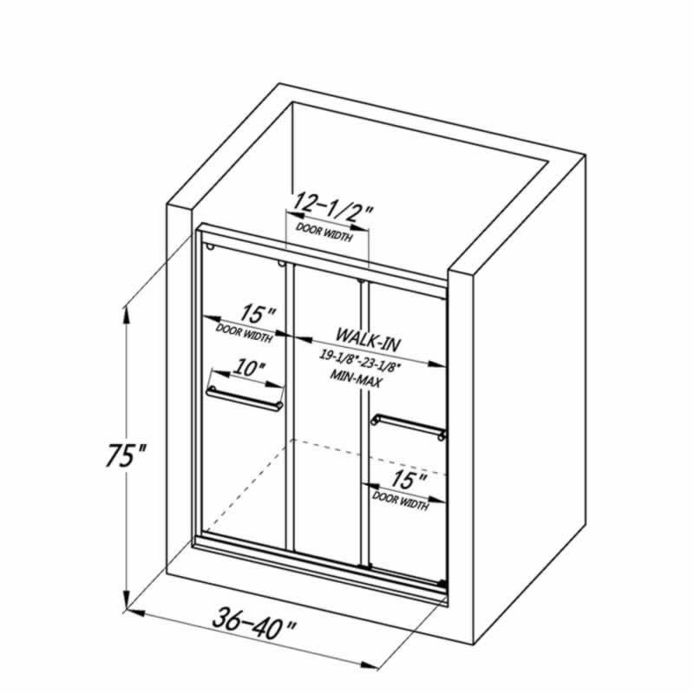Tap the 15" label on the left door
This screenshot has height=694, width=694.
click(258, 314)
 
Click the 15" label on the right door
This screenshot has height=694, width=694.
click(409, 480)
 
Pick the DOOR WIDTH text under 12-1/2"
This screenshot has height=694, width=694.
click(324, 232)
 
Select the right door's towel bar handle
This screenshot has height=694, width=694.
click(409, 427)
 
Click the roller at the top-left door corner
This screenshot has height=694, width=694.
click(210, 246)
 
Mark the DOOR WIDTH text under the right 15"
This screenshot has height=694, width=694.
click(401, 501)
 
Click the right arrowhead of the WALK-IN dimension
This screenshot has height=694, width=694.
click(436, 363)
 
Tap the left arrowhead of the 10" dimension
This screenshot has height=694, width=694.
click(221, 373)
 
